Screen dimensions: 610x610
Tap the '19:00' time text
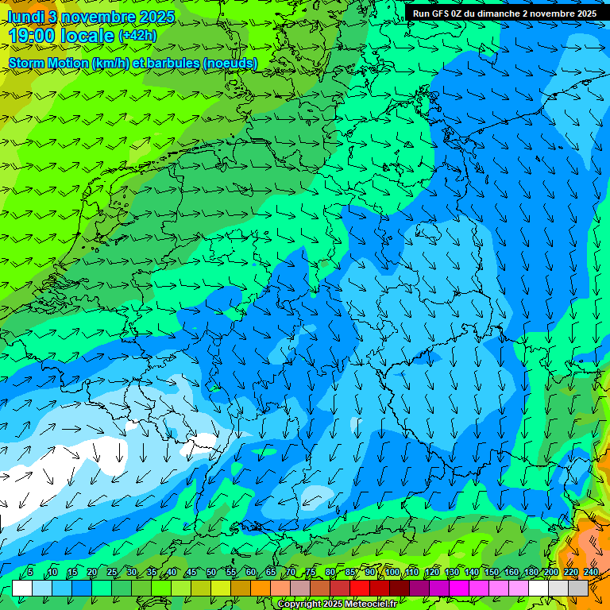pos(34,37)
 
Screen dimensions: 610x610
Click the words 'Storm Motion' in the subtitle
pos(48,64)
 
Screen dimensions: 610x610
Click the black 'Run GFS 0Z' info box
pos(505,13)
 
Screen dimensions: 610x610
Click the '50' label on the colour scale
pos(210,573)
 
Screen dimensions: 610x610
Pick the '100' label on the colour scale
pos(392,573)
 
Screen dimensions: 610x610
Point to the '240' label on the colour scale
pos(591,573)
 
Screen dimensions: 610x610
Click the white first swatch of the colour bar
pos(21,588)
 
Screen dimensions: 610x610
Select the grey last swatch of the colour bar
pos(578,588)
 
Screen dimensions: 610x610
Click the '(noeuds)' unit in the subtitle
pos(230,64)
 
